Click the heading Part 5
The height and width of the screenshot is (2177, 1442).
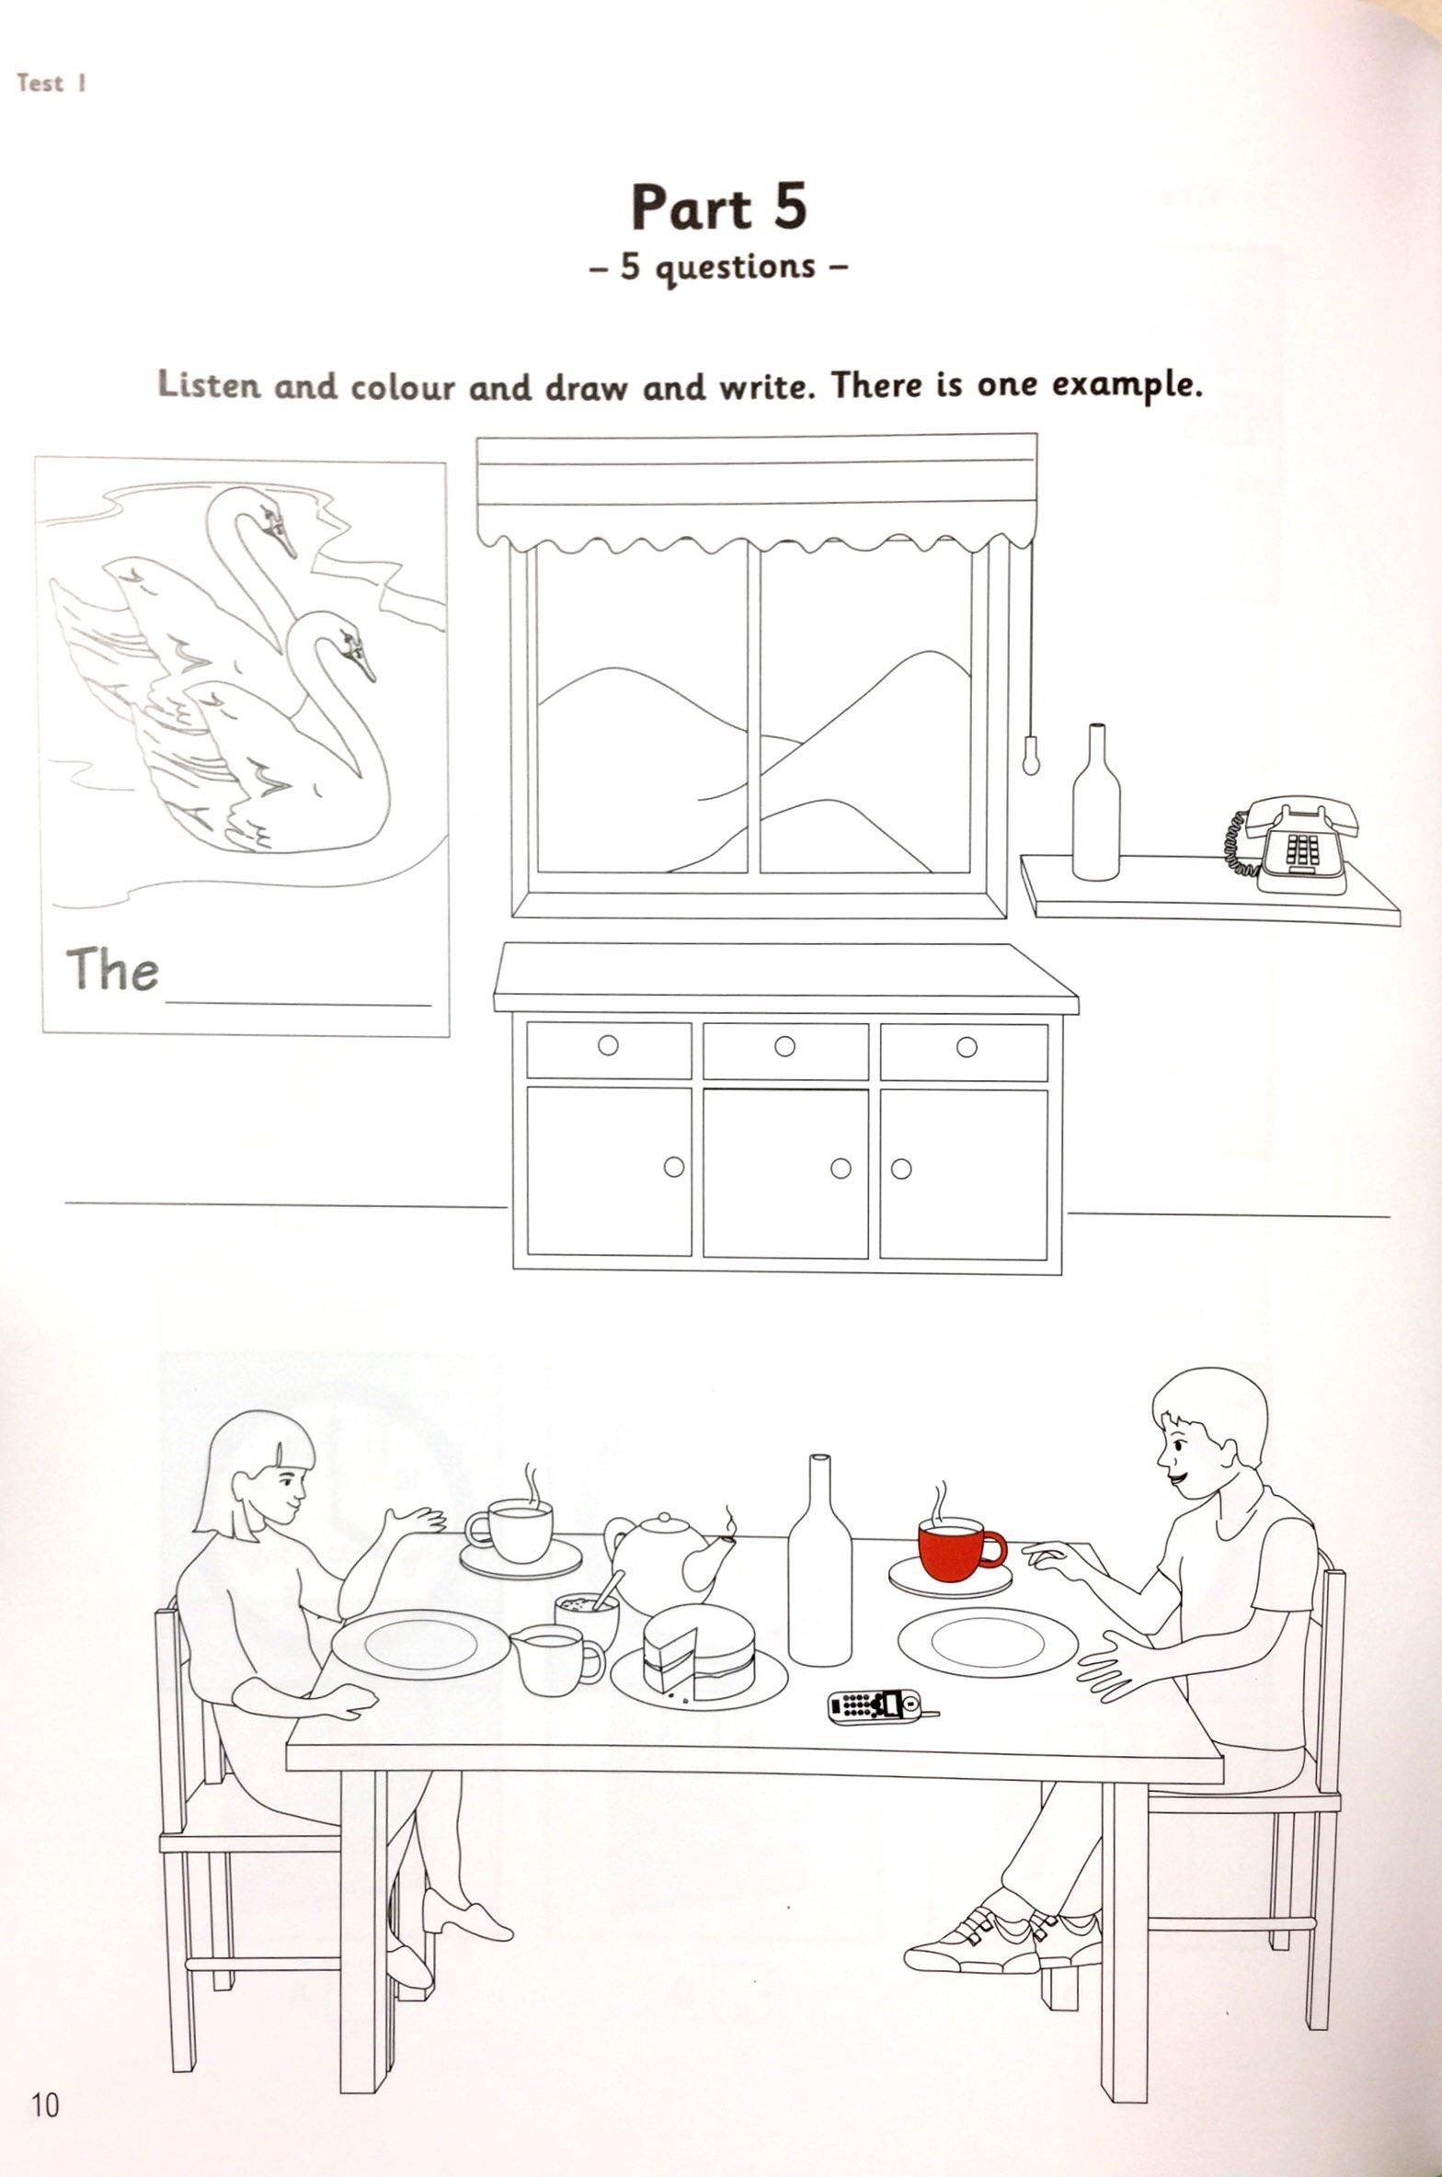pyautogui.click(x=719, y=207)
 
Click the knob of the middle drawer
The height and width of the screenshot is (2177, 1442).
pyautogui.click(x=784, y=1045)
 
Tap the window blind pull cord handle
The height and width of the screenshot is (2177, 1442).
pyautogui.click(x=1032, y=752)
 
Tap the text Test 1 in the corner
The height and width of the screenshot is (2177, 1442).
pyautogui.click(x=52, y=84)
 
